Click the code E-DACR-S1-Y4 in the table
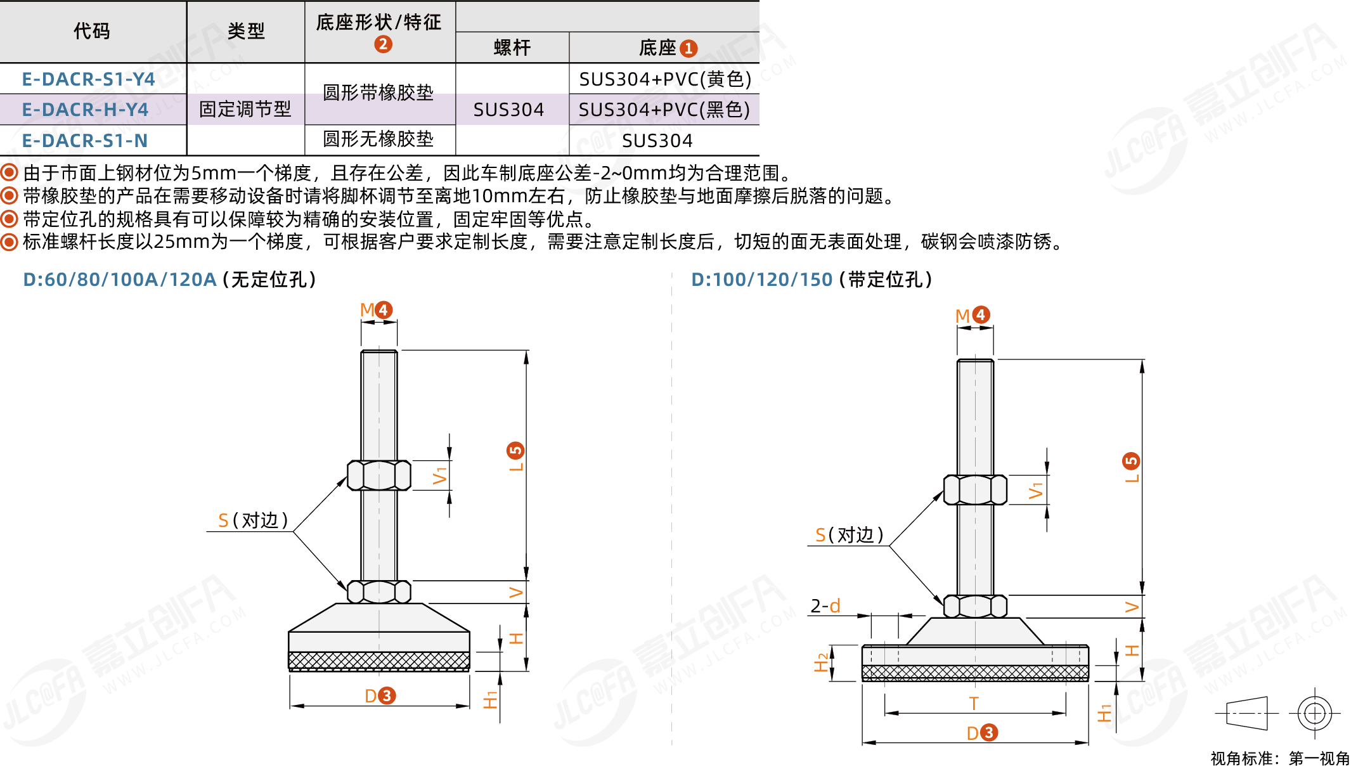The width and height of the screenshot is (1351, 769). [88, 79]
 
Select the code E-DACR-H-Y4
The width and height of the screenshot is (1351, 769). [85, 110]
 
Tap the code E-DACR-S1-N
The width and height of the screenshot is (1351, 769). [85, 141]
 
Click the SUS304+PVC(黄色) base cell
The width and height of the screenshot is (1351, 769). [665, 79]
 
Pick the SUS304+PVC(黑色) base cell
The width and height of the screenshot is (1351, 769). [664, 110]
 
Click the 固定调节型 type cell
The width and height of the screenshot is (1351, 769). [245, 109]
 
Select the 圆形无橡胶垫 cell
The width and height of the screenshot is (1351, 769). [378, 139]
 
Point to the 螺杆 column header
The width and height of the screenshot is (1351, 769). [512, 48]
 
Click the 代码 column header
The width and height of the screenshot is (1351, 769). [92, 31]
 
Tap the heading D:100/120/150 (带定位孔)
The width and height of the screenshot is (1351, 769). [811, 280]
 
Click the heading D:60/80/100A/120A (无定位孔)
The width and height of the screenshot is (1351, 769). [169, 280]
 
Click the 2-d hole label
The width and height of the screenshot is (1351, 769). [825, 606]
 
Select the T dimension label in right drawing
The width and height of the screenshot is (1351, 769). [974, 704]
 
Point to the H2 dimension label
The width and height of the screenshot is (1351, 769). [822, 662]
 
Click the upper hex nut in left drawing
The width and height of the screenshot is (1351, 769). [379, 475]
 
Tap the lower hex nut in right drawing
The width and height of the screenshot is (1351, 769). [975, 607]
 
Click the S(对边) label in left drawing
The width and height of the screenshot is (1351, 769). [253, 520]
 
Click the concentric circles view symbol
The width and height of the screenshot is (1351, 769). [1314, 714]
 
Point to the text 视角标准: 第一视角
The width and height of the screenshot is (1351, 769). [1280, 758]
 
